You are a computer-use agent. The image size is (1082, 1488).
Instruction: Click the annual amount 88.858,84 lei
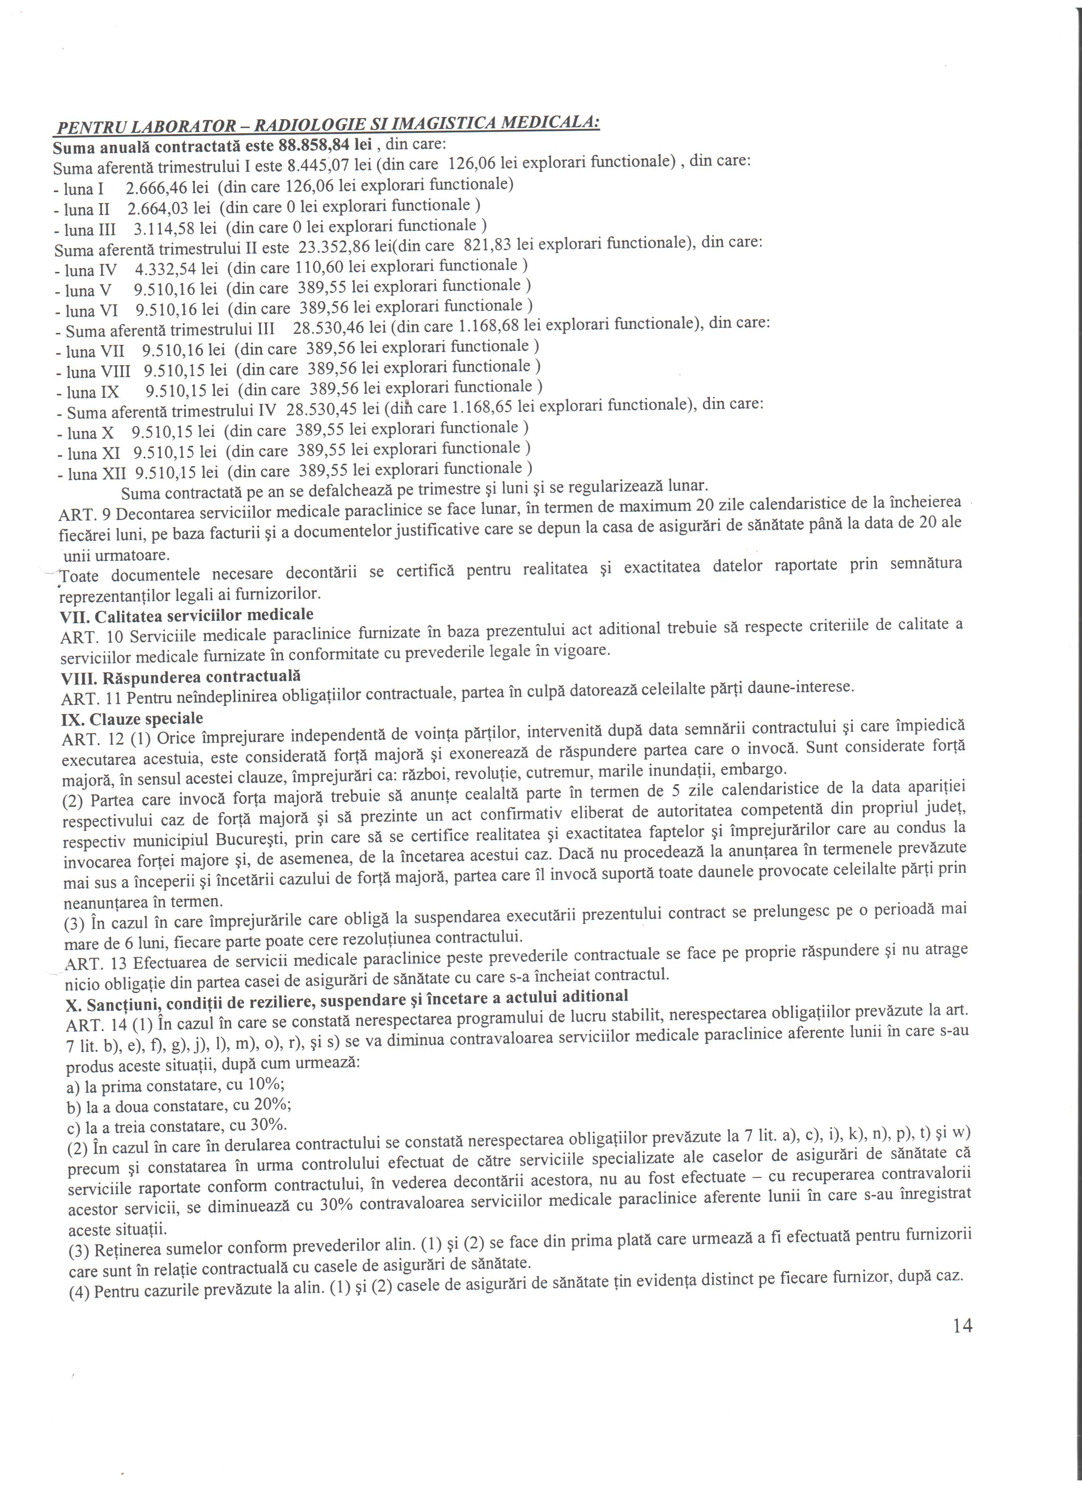coord(324,144)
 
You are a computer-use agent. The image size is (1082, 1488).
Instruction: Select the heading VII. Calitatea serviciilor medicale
coord(186,615)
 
